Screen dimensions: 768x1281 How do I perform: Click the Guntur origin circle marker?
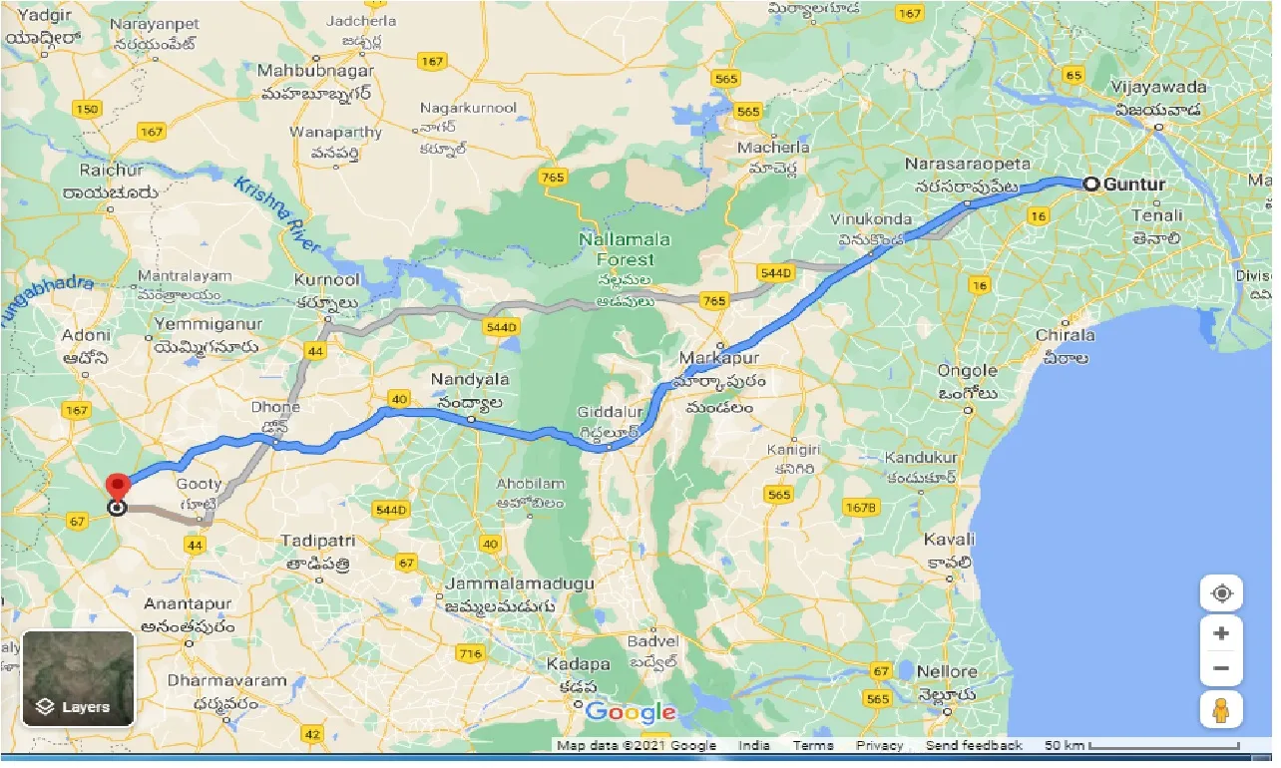tap(1091, 184)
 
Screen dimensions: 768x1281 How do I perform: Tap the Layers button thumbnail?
tap(78, 678)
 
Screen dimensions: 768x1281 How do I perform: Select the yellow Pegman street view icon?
tap(1221, 710)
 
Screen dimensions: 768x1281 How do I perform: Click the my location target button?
tap(1221, 594)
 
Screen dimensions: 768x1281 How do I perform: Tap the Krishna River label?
tap(276, 212)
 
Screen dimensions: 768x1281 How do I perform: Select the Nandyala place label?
tap(470, 380)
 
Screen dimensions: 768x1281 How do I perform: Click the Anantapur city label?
tap(188, 604)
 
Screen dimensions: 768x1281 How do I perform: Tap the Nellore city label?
tap(947, 671)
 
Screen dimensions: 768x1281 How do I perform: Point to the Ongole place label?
tap(968, 371)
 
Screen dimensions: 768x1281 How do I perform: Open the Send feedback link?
tap(974, 745)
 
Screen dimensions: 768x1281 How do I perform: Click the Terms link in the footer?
tap(813, 745)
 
